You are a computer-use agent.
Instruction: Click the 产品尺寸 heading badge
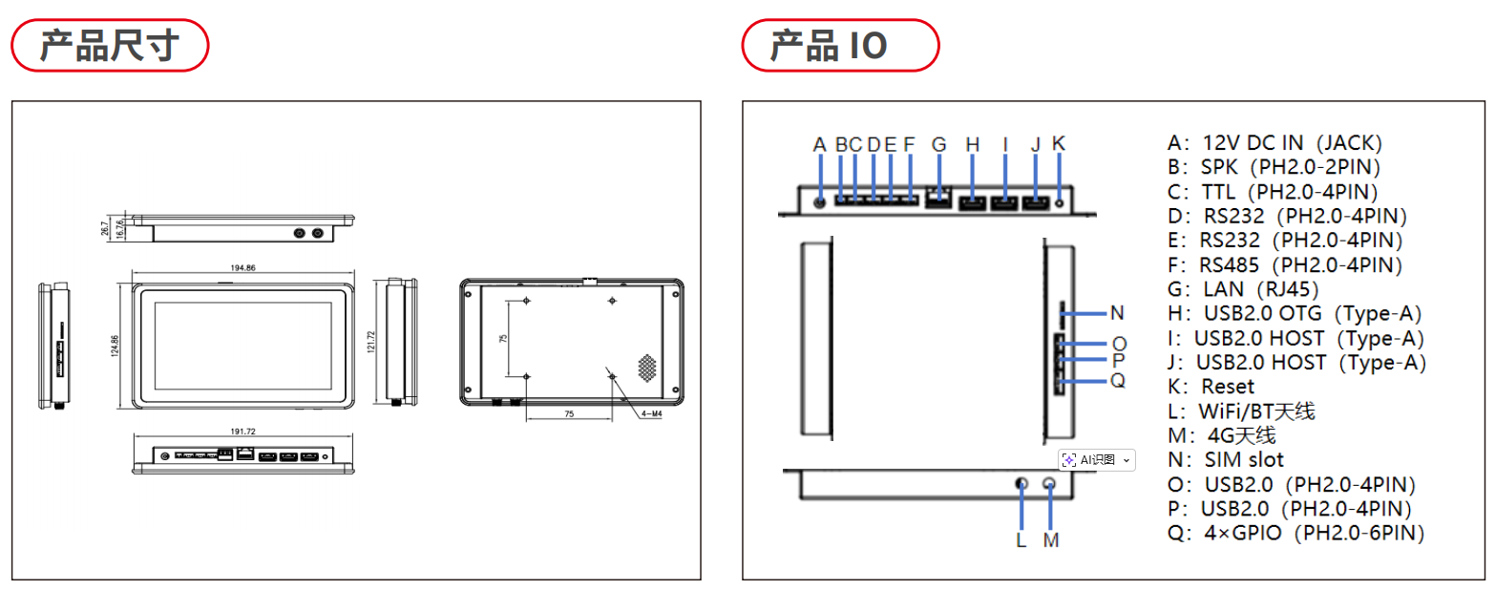tap(109, 46)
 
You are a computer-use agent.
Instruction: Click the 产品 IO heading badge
tap(840, 46)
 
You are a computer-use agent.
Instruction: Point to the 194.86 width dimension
tap(243, 268)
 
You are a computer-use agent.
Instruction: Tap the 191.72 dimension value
tap(243, 432)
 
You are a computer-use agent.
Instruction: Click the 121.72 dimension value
tap(370, 342)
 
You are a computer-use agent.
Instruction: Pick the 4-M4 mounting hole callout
tap(654, 413)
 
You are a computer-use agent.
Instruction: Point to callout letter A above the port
tap(819, 145)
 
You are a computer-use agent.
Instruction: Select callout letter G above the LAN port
tap(939, 145)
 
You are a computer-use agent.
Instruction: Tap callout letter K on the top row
tap(1059, 144)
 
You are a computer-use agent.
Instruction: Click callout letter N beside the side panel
tap(1117, 312)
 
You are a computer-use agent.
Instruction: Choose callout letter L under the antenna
tap(1021, 540)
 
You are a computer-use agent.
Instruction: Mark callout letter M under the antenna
tap(1051, 540)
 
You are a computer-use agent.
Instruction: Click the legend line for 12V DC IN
tap(1274, 143)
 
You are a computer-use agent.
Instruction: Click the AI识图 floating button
tap(1097, 460)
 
